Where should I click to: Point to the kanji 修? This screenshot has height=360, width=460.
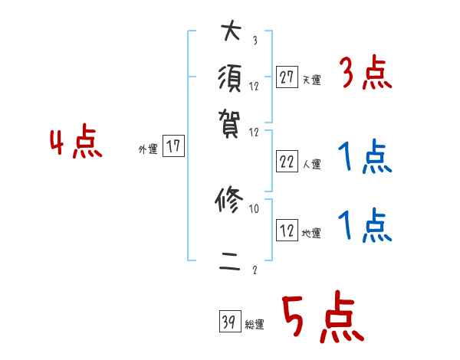pyautogui.click(x=230, y=201)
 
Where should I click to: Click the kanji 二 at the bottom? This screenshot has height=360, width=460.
pyautogui.click(x=230, y=265)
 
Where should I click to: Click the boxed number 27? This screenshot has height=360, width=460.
pyautogui.click(x=287, y=77)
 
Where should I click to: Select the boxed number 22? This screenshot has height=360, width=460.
pyautogui.click(x=287, y=161)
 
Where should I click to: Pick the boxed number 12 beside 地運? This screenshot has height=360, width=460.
pyautogui.click(x=287, y=231)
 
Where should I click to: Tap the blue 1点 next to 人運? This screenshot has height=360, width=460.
pyautogui.click(x=365, y=158)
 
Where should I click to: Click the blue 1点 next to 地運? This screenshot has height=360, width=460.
pyautogui.click(x=365, y=227)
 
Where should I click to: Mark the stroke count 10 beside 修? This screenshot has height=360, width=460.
pyautogui.click(x=254, y=208)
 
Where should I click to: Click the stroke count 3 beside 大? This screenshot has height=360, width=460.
pyautogui.click(x=254, y=41)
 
